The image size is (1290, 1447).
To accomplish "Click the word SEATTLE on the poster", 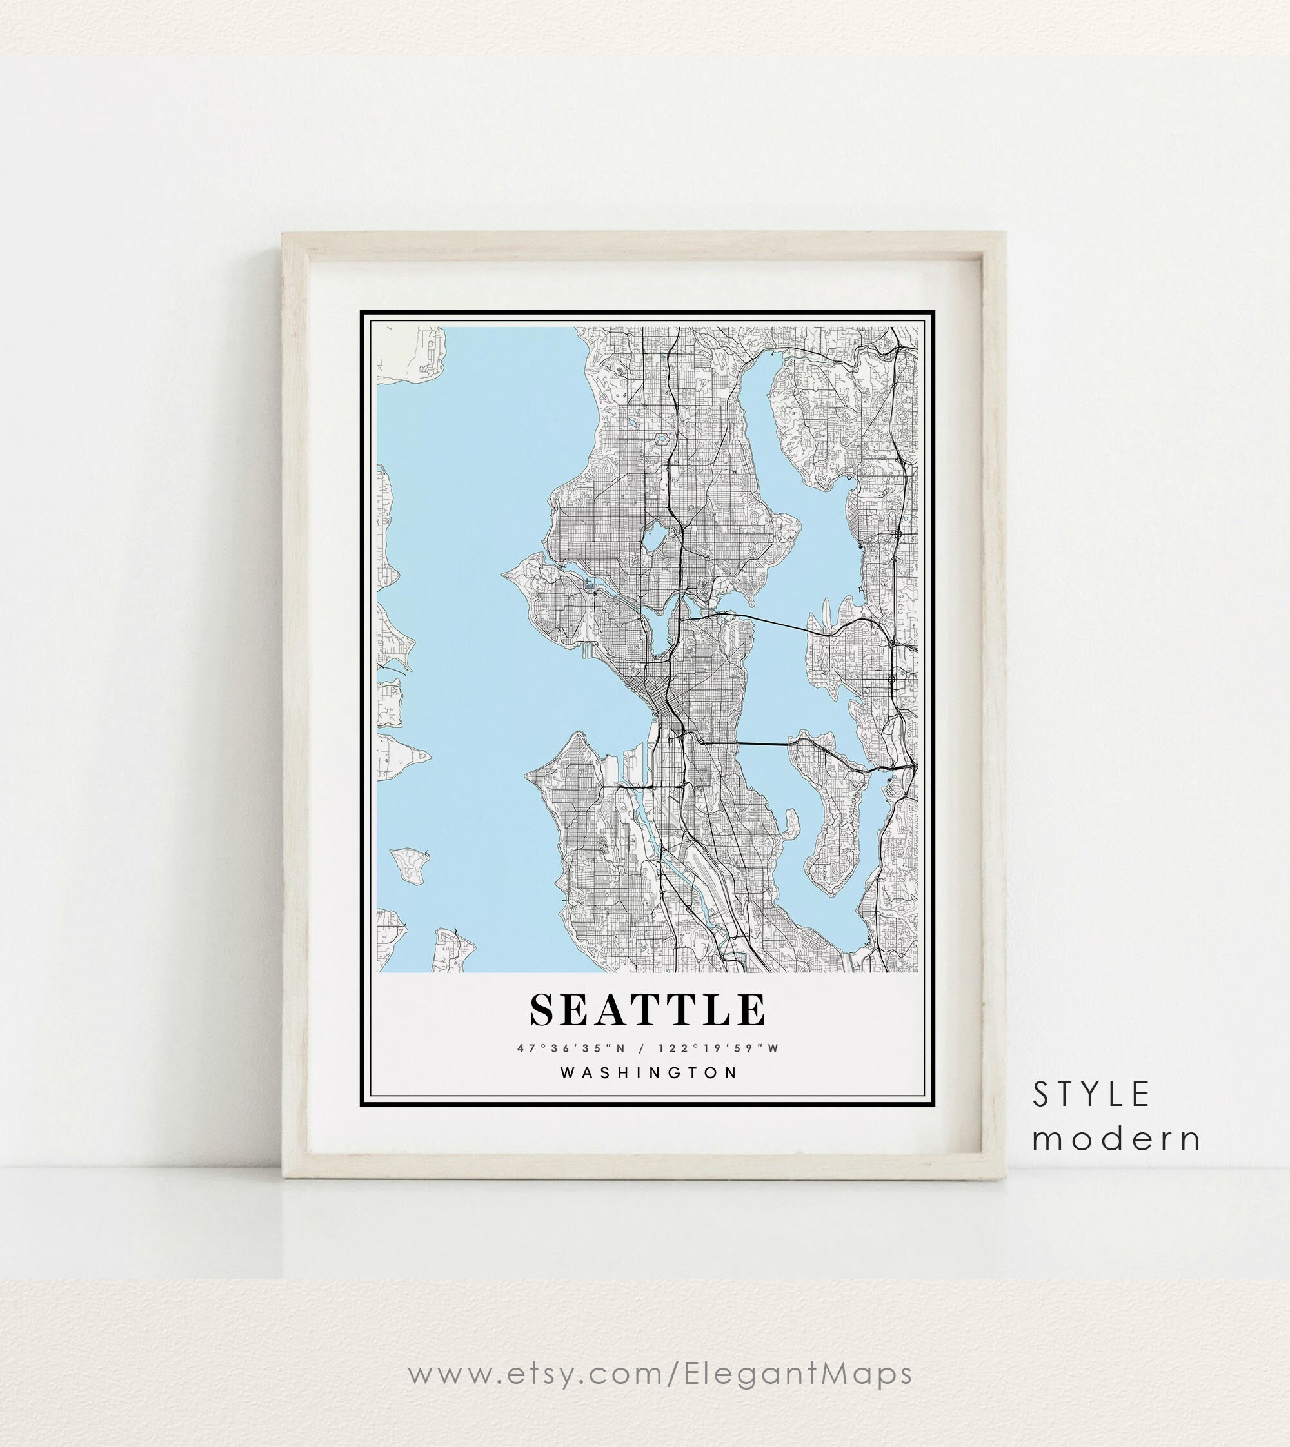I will pyautogui.click(x=648, y=1010).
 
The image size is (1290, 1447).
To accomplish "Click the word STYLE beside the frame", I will pyautogui.click(x=1091, y=1095).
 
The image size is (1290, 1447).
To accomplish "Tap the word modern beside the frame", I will pyautogui.click(x=1116, y=1139).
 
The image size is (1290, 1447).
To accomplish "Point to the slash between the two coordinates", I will pyautogui.click(x=642, y=1048).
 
